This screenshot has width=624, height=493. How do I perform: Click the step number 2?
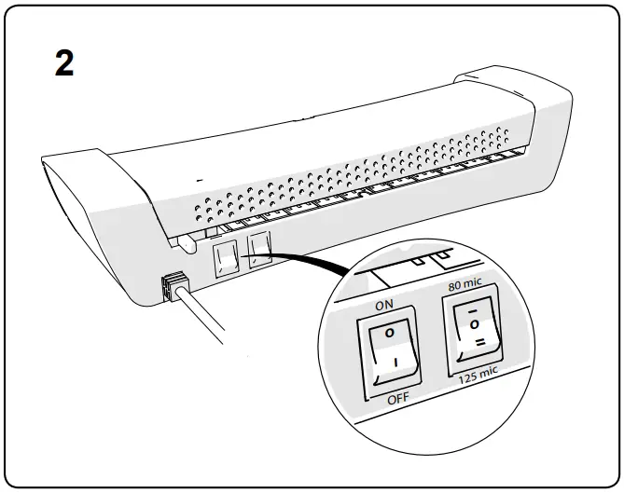tap(64, 64)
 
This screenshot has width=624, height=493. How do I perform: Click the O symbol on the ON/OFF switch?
tap(389, 331)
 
